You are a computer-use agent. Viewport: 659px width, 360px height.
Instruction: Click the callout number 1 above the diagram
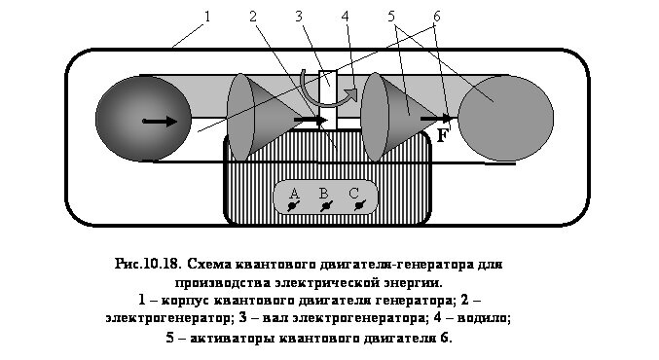point(206,17)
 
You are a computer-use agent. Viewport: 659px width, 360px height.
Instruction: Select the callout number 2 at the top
point(252,17)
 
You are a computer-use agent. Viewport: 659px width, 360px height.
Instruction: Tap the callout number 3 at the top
point(300,17)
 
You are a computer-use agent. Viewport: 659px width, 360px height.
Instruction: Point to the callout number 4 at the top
point(346,17)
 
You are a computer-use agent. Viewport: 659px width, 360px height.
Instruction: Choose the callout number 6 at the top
point(438,17)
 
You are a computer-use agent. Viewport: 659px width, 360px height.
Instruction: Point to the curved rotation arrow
point(331,89)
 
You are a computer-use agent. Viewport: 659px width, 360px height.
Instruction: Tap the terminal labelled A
point(293,199)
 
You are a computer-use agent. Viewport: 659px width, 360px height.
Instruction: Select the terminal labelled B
point(325,199)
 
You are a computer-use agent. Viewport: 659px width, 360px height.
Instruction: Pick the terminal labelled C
point(356,199)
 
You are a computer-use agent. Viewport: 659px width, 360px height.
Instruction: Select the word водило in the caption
point(481,316)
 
